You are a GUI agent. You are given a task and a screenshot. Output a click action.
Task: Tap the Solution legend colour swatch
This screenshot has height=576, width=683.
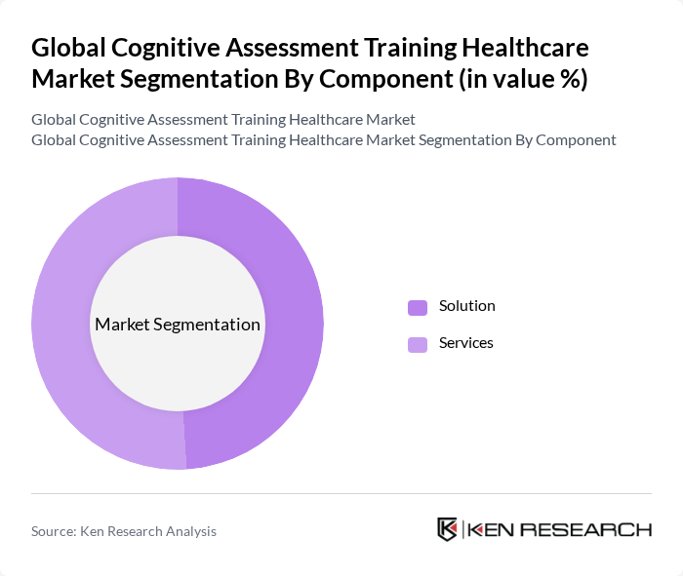pos(418,307)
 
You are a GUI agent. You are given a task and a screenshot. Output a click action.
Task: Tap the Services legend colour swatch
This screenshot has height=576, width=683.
pos(418,344)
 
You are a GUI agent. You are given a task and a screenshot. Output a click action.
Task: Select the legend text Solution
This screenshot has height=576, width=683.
pos(466,306)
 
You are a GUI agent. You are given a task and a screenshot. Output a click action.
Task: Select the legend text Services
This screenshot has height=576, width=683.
pos(465,343)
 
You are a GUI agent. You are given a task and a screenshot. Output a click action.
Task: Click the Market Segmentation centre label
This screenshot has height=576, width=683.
pos(177,325)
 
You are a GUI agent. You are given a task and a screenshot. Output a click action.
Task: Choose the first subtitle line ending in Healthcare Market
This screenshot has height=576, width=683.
pos(222,120)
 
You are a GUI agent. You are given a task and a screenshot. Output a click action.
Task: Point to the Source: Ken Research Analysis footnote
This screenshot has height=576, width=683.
pos(124,531)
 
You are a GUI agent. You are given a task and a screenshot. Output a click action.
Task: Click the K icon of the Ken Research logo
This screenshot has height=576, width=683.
pos(447,529)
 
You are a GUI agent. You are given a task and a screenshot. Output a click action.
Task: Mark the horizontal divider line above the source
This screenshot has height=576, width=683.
pos(341,493)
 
